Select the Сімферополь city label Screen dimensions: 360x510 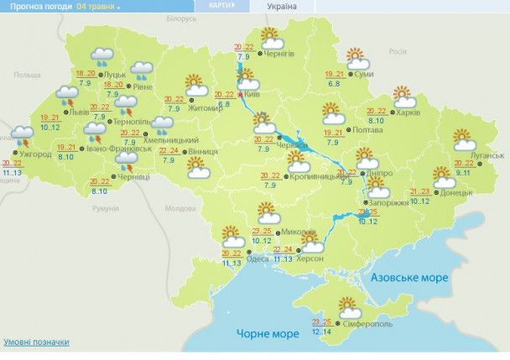[367, 324]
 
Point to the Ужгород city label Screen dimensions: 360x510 [36, 154]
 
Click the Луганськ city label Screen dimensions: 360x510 [487, 155]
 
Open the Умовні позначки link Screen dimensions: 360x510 [35, 342]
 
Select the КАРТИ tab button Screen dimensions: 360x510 [220, 5]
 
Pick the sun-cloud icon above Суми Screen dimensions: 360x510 [358, 60]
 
